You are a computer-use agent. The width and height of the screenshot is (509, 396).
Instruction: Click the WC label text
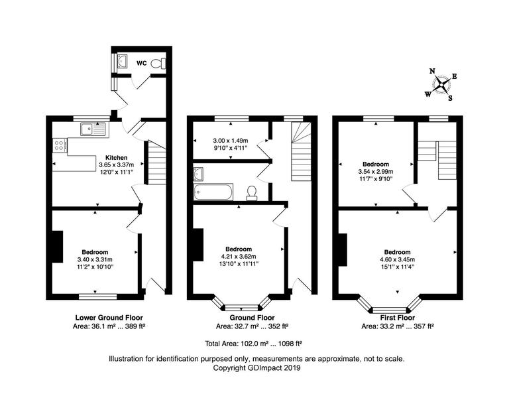point(141,64)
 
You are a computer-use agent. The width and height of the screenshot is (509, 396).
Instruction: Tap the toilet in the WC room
point(157,64)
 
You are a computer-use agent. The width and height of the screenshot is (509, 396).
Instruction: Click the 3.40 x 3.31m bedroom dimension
point(95,259)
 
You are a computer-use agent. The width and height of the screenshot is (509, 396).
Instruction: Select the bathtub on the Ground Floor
point(212,192)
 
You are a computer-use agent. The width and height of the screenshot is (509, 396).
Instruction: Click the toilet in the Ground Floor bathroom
point(252,192)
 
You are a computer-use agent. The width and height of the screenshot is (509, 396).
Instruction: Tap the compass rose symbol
point(441,84)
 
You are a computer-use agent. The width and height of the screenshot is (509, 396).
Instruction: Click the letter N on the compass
point(432,71)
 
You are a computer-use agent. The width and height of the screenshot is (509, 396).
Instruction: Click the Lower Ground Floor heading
point(109,318)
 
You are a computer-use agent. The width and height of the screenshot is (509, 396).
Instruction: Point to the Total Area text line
point(254,344)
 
